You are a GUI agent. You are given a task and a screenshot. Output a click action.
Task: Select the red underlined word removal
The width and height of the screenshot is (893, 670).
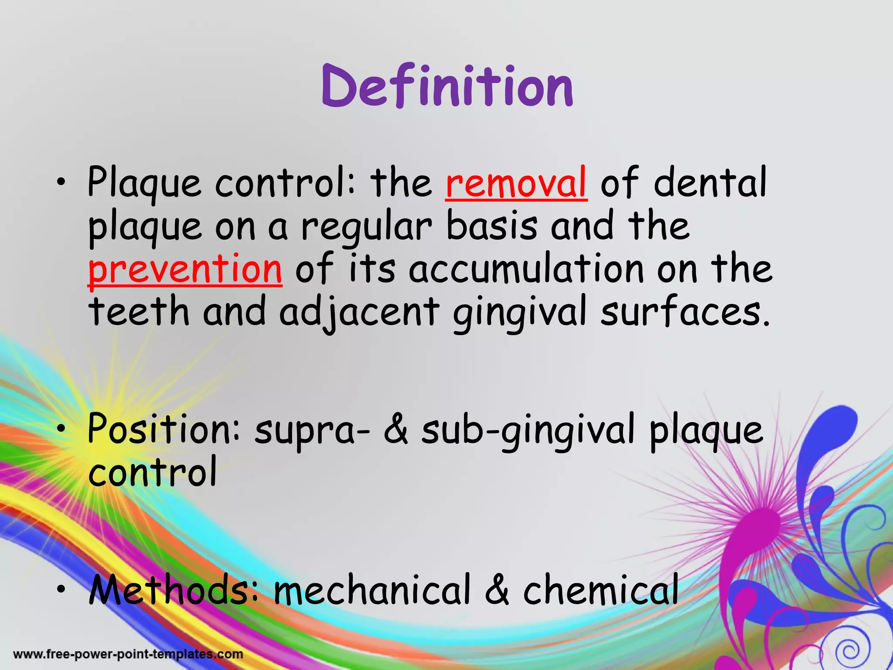pos(516,183)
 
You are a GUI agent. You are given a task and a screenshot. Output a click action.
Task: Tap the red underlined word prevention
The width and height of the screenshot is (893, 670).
pos(185,269)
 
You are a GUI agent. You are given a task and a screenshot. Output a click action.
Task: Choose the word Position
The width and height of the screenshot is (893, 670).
pos(163,429)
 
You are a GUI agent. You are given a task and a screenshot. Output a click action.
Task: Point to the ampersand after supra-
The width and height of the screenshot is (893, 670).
pos(396,430)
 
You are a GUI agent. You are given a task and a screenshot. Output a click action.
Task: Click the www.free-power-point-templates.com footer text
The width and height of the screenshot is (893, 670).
pos(128,654)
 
